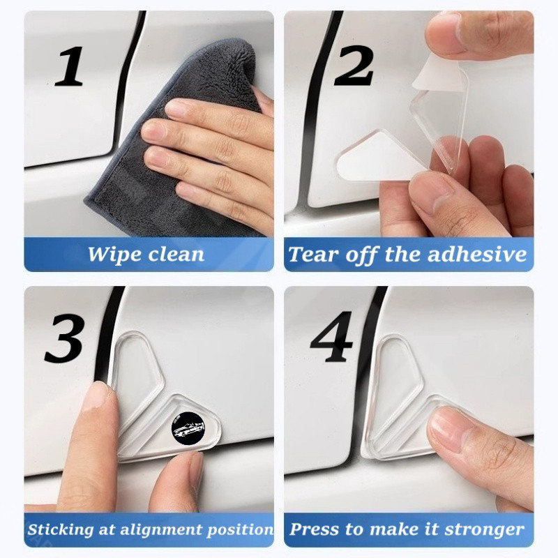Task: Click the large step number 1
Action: pos(68,66)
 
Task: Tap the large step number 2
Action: pos(354,66)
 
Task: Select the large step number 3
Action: pos(65,338)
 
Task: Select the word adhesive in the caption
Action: pos(477,255)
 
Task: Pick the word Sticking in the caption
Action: pos(61,529)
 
